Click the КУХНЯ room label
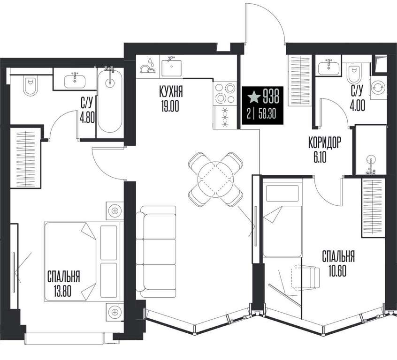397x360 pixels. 171,91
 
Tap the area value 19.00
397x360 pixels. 169,106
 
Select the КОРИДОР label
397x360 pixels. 325,142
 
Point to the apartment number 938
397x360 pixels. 271,97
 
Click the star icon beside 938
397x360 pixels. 254,97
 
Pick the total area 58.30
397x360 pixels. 267,115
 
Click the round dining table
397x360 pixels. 215,180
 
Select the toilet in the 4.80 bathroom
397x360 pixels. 30,86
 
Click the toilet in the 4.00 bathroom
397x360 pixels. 354,75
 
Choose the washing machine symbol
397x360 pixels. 378,88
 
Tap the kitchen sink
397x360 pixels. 172,67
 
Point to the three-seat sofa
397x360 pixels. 156,251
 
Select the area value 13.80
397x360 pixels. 62,291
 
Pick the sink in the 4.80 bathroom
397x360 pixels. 75,81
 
